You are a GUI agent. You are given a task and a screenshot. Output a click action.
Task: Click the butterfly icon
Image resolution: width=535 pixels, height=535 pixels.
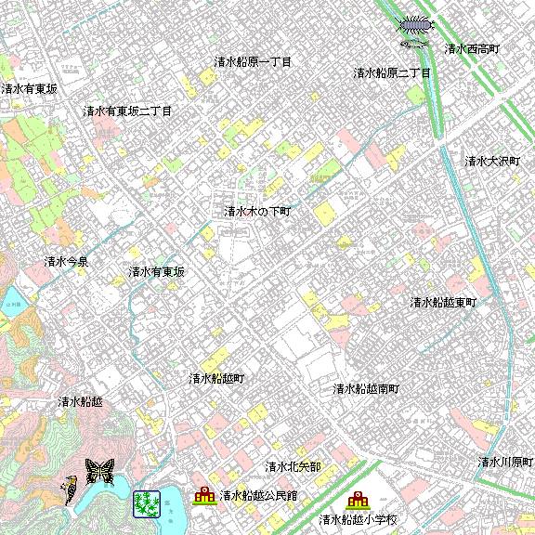tap(98, 470)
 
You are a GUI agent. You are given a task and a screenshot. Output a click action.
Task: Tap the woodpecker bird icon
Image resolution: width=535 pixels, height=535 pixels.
tap(72, 486)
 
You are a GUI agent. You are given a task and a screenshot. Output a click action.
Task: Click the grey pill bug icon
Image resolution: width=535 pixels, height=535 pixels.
tap(415, 24)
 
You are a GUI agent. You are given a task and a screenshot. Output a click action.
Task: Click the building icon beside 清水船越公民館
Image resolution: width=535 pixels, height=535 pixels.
tap(204, 496)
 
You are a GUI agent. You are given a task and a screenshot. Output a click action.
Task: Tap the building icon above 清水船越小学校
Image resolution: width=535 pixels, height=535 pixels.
tap(358, 501)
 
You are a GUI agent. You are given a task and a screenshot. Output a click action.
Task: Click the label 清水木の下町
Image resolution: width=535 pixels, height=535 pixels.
tap(257, 212)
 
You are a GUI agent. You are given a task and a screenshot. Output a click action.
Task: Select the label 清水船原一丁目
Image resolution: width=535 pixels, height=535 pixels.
tap(253, 62)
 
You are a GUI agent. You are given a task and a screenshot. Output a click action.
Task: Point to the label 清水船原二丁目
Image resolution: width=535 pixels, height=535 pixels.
tap(391, 72)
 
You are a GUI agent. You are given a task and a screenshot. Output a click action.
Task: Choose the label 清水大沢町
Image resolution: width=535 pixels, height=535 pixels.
tap(492, 162)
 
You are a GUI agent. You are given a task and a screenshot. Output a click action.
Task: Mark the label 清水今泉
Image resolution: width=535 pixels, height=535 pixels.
tap(66, 262)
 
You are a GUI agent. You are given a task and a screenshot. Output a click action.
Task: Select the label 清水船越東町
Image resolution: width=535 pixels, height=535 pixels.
tap(443, 303)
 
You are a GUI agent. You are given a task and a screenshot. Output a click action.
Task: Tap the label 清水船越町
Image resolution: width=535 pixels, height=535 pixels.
tap(216, 379)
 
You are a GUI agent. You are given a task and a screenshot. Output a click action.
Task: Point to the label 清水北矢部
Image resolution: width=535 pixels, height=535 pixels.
tap(293, 466)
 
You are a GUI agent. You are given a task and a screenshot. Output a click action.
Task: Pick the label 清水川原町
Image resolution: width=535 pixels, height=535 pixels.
tap(505, 462)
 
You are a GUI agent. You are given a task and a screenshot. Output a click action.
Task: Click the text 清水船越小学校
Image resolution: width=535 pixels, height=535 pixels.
tap(358, 520)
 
